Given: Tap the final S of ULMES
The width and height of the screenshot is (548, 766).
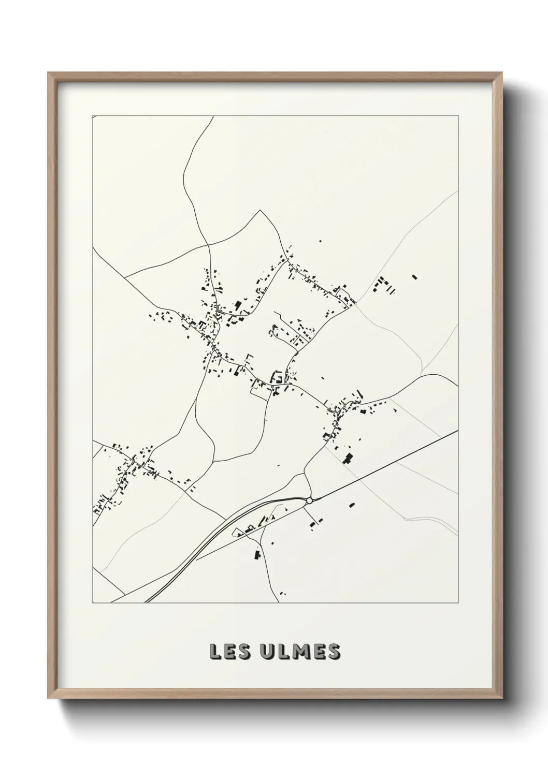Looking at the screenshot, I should (334, 652).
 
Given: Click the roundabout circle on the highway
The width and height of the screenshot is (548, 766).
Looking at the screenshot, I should (309, 500).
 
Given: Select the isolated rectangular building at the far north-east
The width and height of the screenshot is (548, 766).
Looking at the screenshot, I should (414, 277).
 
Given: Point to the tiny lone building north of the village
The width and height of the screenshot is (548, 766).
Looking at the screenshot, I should (320, 241).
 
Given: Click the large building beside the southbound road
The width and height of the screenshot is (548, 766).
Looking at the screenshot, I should (256, 555).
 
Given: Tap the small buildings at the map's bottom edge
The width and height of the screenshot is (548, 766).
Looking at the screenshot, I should (282, 594).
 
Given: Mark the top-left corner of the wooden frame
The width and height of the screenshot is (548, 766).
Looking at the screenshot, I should (48, 73).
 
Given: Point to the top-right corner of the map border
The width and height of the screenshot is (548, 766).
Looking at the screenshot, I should (458, 115).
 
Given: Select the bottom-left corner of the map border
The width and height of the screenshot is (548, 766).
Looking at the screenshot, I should (93, 603).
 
